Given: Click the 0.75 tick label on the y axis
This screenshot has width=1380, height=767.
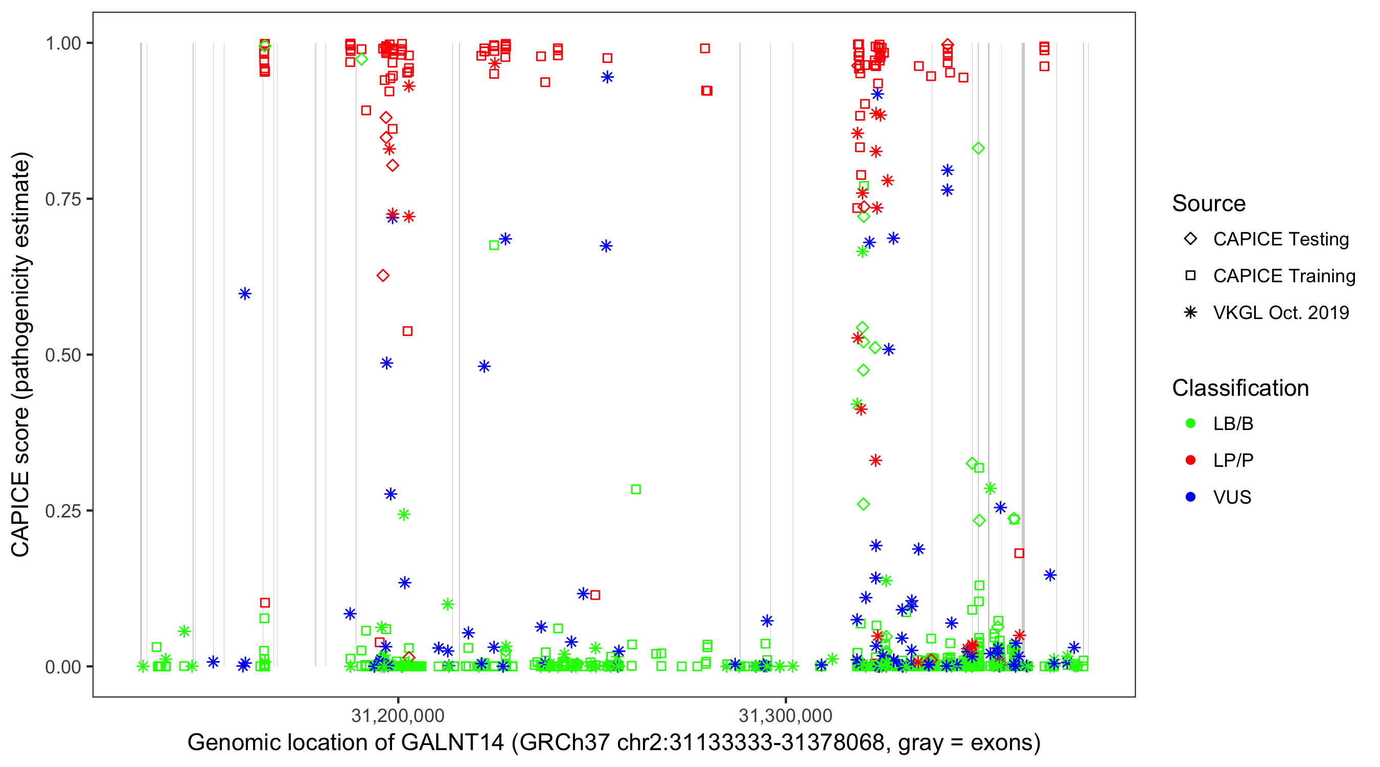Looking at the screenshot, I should point(63,199).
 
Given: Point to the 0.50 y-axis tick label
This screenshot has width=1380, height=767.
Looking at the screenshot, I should point(63,355).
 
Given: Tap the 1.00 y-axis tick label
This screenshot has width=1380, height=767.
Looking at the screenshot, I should point(63,43).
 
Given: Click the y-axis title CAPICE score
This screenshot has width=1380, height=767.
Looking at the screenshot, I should point(21,354).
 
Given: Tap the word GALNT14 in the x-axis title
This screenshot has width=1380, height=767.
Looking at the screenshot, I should point(452,742).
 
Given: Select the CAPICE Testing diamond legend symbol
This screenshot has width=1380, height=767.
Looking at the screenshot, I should point(1190,239).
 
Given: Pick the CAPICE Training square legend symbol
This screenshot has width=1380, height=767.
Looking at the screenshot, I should point(1190,276).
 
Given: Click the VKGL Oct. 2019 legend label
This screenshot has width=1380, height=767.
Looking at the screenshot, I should point(1281,312).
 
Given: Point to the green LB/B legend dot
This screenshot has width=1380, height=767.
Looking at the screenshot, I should point(1190,423).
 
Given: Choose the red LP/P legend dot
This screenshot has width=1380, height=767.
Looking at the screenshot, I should point(1190,460).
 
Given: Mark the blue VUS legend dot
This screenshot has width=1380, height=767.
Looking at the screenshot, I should point(1190,497).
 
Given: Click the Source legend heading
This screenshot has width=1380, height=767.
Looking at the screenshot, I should point(1209,204).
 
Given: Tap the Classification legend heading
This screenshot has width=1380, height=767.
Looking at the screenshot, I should point(1240,388).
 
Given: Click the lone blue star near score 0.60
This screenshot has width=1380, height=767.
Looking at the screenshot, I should point(245,293).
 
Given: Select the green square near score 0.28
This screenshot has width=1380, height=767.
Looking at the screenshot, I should point(636,489).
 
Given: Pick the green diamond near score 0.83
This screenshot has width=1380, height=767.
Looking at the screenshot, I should point(978,148).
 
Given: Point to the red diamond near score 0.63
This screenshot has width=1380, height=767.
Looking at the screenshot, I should point(382,276).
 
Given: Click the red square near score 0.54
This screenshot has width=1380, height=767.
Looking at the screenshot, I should point(407,331).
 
